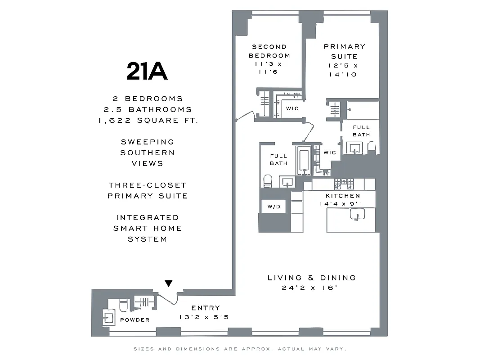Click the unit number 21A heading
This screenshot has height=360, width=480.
[x=147, y=72]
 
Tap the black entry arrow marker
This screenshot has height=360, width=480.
[x=168, y=283]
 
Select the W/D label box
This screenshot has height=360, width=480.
[x=274, y=207]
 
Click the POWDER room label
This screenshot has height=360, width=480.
[x=135, y=320]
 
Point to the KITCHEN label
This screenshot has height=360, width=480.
[x=343, y=196]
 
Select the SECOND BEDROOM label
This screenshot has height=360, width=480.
[x=269, y=51]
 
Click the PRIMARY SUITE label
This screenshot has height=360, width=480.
[x=345, y=51]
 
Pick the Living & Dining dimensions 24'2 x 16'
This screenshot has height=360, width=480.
[x=311, y=288]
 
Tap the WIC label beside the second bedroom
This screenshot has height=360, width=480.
[x=292, y=108]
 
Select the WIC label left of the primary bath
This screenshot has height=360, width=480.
[x=329, y=153]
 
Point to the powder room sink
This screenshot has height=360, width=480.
[x=108, y=317]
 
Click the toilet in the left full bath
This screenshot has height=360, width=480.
[x=268, y=180]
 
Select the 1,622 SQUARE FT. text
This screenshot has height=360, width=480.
[x=147, y=120]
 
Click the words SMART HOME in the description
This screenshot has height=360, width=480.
[x=147, y=228]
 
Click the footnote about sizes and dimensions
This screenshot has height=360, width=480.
[x=239, y=349]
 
